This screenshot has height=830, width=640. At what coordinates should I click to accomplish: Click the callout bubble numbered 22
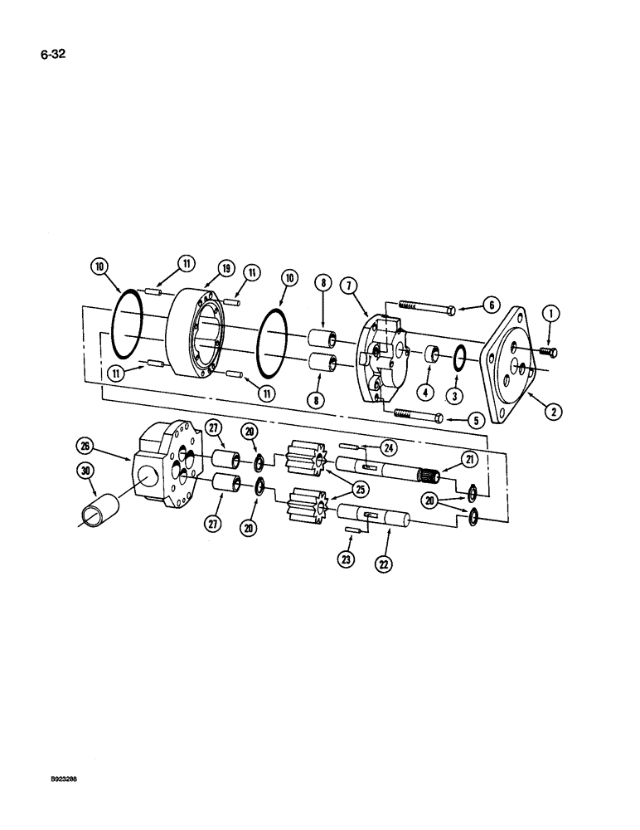click(x=383, y=563)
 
